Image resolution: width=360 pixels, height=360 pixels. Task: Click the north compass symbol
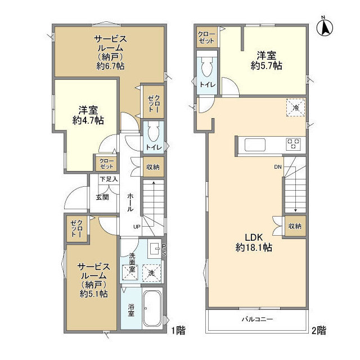325,27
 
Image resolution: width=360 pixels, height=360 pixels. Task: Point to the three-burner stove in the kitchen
294,144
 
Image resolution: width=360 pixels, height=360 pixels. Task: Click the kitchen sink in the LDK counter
255,145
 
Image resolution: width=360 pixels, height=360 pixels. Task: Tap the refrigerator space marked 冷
296,107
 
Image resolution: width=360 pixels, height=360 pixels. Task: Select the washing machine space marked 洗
151,273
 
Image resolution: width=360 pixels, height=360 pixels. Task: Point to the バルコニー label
257,319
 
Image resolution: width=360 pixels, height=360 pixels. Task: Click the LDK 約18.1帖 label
254,242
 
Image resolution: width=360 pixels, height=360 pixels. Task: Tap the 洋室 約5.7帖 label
266,61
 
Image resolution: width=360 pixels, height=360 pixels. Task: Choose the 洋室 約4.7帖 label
88,115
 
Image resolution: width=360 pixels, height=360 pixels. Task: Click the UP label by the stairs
137,227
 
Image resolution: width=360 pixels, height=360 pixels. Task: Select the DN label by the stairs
278,167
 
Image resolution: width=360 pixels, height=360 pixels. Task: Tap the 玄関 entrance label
102,197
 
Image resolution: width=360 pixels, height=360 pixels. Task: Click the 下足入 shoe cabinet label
109,179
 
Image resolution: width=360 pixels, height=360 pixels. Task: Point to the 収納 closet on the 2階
295,226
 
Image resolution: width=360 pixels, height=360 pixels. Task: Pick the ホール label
130,202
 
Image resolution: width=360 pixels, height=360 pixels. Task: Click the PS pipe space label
164,250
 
